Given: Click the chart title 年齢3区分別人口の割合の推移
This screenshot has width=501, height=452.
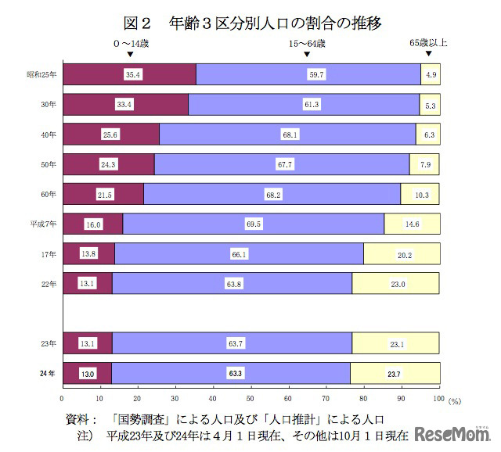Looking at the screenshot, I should (250, 22).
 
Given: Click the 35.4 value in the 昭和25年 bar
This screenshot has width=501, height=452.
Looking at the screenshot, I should (132, 74).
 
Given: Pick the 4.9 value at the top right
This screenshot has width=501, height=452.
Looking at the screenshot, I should (431, 74).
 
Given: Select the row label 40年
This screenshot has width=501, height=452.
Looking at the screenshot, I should (49, 135).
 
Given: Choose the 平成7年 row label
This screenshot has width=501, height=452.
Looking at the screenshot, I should (44, 224).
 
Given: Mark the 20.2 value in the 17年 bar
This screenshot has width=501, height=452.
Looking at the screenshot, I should (405, 254).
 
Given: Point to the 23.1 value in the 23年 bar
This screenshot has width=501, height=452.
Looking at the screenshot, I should (398, 344).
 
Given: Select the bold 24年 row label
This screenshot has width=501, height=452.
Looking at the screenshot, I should (48, 374).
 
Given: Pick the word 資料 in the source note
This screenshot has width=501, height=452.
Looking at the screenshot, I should (79, 418).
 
